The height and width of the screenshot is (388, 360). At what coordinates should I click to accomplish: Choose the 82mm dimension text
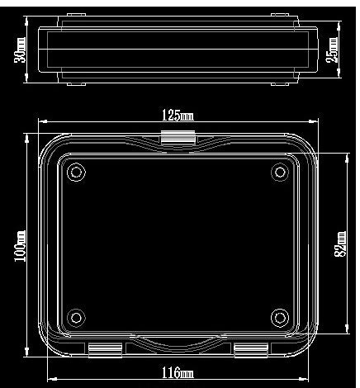pyautogui.click(x=339, y=244)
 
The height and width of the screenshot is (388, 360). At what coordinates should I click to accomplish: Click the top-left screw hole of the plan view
pyautogui.click(x=76, y=173)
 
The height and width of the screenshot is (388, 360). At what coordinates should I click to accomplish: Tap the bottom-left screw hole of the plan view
pyautogui.click(x=76, y=317)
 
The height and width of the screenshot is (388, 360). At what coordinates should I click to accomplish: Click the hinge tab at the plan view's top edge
pyautogui.click(x=178, y=138)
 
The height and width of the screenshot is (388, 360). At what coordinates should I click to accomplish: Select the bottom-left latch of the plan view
pyautogui.click(x=107, y=350)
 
